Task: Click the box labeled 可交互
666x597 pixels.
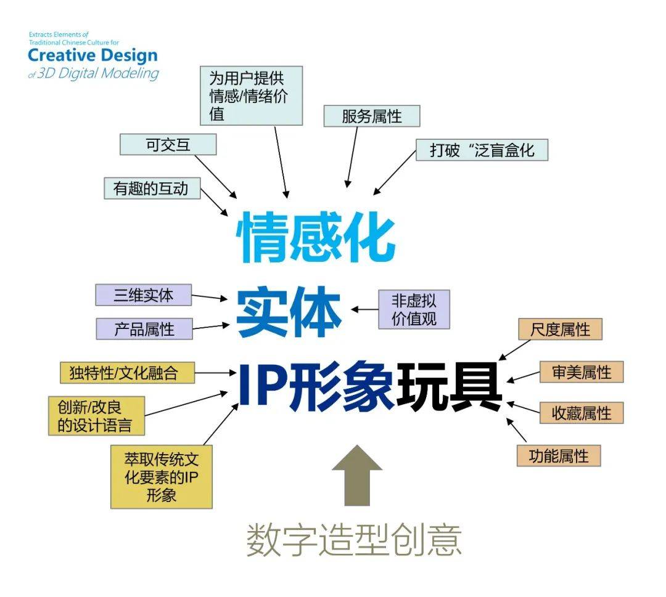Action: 168,145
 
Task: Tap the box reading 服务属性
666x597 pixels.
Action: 372,116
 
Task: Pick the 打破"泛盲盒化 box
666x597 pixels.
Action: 482,150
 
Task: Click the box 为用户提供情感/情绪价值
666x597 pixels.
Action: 252,95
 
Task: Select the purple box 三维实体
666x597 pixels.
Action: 144,295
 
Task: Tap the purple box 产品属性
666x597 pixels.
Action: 144,329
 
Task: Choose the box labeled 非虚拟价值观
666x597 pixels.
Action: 414,309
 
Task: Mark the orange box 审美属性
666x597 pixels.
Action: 582,372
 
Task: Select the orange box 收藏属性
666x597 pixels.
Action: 582,413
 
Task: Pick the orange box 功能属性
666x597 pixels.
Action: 558,456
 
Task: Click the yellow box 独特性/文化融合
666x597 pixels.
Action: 128,373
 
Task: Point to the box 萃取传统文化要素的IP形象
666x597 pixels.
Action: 162,477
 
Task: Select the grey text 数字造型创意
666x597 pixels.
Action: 354,540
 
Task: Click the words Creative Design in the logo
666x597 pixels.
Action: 92,55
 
